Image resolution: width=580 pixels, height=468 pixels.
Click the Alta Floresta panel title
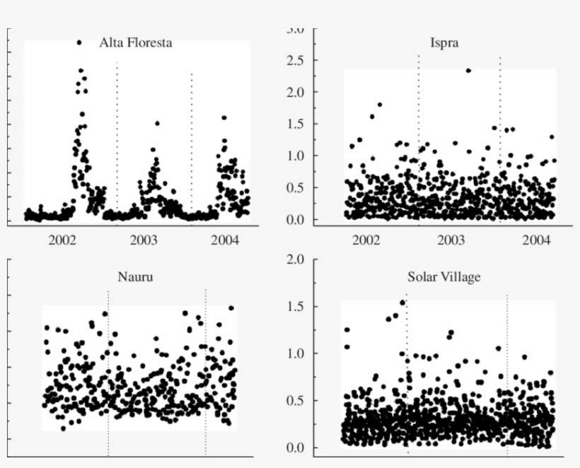[x=136, y=42]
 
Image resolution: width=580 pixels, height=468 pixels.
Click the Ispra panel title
[x=444, y=42]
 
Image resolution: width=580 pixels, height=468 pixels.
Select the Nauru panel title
[x=135, y=276]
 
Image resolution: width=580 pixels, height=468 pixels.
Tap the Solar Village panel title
[x=443, y=276]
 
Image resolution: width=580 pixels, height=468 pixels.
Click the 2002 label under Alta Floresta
[x=62, y=240]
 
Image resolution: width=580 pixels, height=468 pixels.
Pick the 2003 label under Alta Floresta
[x=144, y=240]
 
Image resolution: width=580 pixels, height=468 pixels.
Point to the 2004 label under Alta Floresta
[x=225, y=240]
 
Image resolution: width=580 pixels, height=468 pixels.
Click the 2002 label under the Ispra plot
[x=366, y=240]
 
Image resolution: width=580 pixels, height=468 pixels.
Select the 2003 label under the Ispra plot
[x=451, y=240]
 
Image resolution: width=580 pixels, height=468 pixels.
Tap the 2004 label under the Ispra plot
[x=537, y=240]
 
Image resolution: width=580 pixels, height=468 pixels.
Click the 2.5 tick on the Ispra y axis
[x=296, y=61]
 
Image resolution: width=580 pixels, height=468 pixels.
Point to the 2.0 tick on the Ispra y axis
[x=296, y=93]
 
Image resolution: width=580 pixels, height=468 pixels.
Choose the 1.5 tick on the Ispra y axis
[x=296, y=124]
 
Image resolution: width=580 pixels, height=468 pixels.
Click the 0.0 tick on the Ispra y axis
[x=296, y=220]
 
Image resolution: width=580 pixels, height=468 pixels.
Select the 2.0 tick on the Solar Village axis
[x=296, y=259]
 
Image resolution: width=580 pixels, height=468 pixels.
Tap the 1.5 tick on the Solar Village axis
[x=296, y=307]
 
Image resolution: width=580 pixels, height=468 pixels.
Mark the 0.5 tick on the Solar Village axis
[x=296, y=401]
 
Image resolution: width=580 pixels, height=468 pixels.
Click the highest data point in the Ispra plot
[x=468, y=71]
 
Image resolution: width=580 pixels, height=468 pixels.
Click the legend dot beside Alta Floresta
[x=79, y=43]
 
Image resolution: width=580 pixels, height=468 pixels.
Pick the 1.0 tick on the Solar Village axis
[x=296, y=353]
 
